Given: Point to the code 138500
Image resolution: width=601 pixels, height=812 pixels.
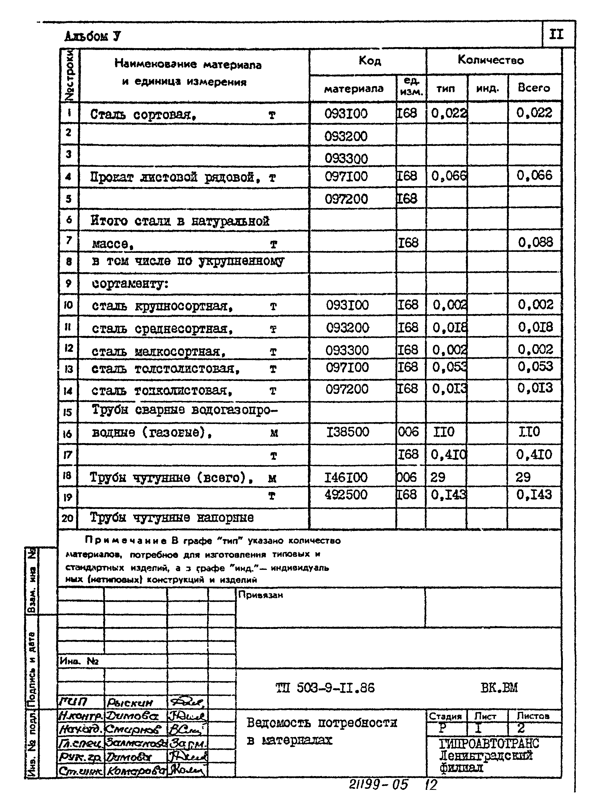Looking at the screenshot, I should (x=348, y=432).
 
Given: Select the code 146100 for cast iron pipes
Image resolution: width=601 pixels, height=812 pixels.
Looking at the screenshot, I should (x=346, y=477).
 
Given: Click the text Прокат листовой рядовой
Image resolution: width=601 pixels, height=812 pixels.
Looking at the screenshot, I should (x=175, y=177).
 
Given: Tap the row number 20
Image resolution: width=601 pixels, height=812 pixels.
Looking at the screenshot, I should (x=68, y=518).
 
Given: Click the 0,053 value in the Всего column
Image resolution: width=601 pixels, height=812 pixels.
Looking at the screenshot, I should (x=535, y=366).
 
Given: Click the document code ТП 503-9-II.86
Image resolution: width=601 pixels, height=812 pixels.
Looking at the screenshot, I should (x=325, y=688).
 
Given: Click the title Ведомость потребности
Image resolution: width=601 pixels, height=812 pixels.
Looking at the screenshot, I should (x=322, y=722).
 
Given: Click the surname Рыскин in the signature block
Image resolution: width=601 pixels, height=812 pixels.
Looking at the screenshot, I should (x=130, y=703).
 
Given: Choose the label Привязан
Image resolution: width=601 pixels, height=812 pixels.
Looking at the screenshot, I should (x=261, y=595).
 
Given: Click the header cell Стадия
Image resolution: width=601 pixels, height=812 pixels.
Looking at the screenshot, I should (x=445, y=716).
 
